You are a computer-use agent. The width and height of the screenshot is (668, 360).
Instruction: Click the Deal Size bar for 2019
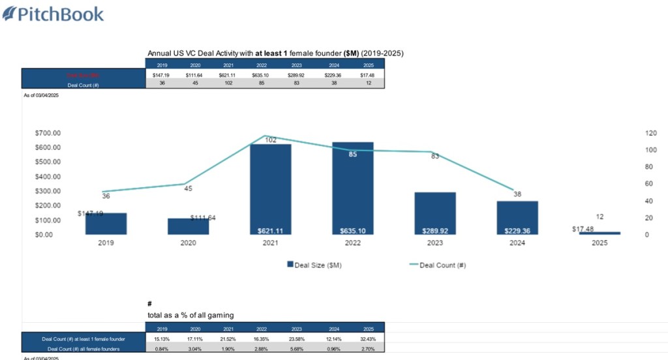tap(106, 224)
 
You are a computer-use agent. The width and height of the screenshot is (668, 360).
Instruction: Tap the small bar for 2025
tap(600, 233)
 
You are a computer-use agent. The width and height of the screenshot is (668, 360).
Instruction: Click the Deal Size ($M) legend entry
tap(314, 265)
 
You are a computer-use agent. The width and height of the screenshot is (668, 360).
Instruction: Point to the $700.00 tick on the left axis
tap(48, 132)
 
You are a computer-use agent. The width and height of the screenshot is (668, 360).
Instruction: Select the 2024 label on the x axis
tap(517, 243)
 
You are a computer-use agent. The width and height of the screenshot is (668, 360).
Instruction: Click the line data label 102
tap(270, 140)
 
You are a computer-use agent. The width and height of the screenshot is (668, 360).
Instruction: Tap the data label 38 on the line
tap(517, 194)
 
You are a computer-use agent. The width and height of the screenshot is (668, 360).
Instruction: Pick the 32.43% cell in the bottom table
tap(369, 338)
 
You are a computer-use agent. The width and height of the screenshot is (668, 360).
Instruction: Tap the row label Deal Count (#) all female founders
tap(83, 348)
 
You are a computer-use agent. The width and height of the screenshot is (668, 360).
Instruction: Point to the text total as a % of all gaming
tap(190, 315)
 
